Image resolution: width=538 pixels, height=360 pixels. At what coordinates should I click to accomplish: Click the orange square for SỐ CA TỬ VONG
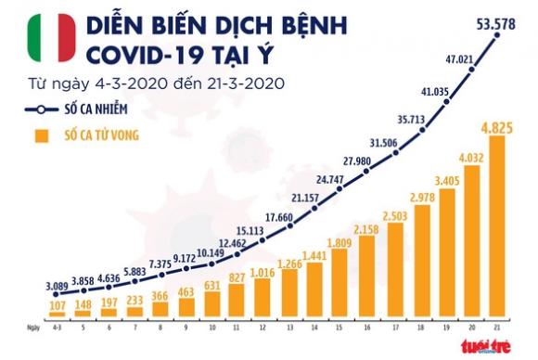tap(39, 138)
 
